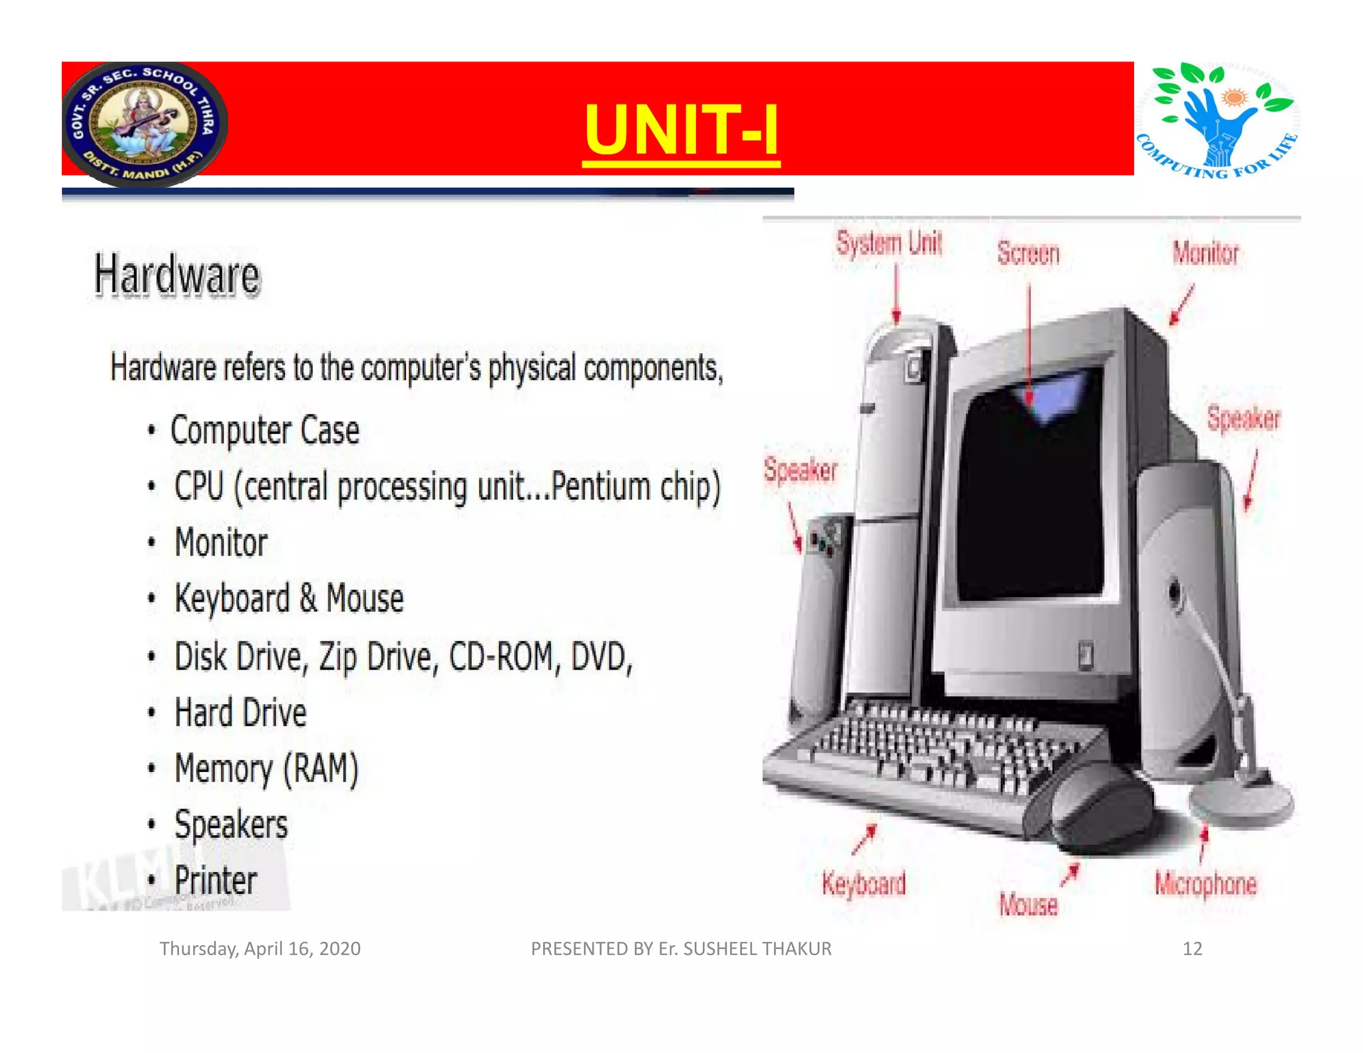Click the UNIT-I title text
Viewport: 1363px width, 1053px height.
coord(681,129)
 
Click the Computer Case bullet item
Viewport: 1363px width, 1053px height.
coord(264,431)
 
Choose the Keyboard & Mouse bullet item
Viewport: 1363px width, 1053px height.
coord(289,598)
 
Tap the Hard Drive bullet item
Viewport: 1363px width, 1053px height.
coord(240,713)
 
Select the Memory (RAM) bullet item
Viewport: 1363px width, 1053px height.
coord(266,769)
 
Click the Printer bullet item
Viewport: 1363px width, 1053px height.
coord(216,881)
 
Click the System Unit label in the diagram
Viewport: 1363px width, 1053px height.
coord(889,244)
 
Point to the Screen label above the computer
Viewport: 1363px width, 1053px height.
coord(1028,254)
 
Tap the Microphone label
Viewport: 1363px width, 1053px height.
coord(1205,884)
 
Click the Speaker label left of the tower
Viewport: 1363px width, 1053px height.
coord(800,470)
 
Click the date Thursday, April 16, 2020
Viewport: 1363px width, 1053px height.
coord(260,948)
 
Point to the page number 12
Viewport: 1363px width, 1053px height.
coord(1192,948)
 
